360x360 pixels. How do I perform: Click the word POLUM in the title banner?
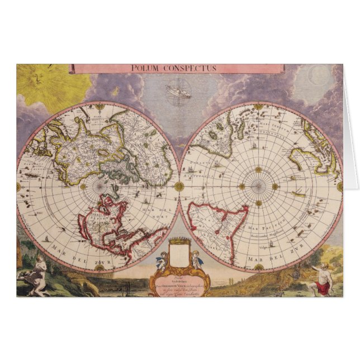pos(143,69)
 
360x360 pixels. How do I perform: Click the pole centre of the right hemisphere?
pos(258,186)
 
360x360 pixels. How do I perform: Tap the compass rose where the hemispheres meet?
pos(179,186)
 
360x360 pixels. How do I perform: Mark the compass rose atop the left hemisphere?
pos(100,106)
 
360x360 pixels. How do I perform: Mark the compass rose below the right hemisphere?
pos(258,268)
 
